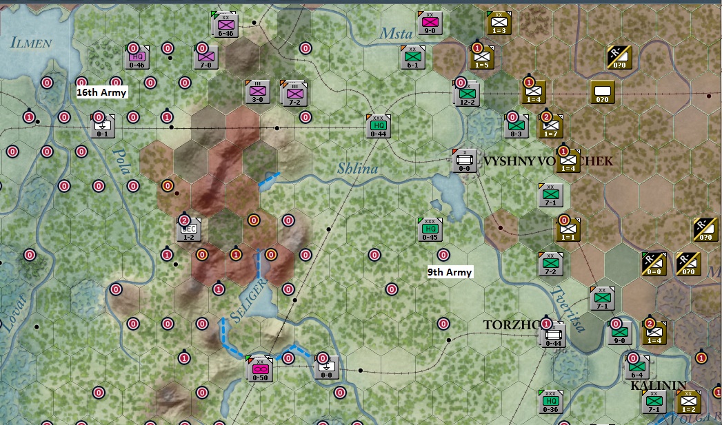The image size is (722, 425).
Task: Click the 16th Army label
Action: [x=101, y=92]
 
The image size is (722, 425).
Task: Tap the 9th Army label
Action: [x=450, y=272]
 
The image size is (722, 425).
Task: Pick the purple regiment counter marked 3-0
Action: [x=257, y=92]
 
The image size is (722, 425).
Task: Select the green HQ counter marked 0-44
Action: [x=378, y=126]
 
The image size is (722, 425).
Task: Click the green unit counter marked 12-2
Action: [x=468, y=94]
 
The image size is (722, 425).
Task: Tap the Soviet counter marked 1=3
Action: [x=498, y=23]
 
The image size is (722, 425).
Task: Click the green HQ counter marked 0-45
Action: [x=430, y=229]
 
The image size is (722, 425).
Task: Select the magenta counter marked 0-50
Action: [x=260, y=369]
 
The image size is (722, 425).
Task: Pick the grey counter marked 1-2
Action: [x=188, y=229]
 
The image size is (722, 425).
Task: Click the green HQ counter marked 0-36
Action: [x=550, y=402]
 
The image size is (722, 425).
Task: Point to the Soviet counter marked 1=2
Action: [x=688, y=402]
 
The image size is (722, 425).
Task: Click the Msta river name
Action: [x=394, y=32]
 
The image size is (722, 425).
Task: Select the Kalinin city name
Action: [x=659, y=386]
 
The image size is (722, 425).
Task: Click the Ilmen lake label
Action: [x=30, y=43]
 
